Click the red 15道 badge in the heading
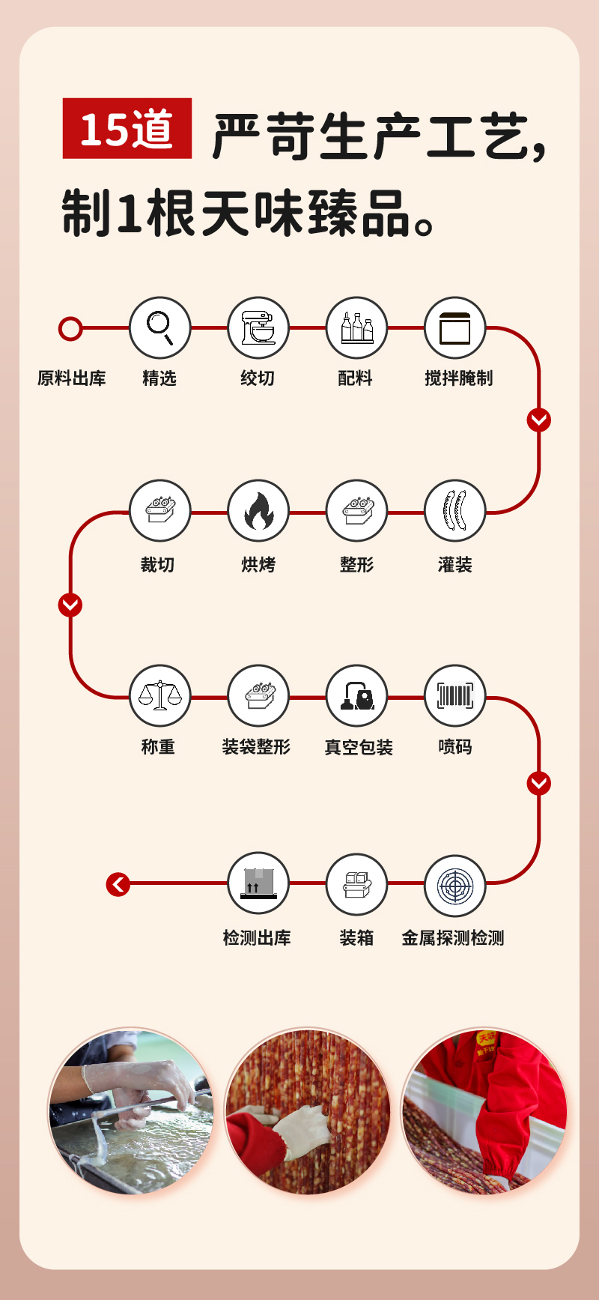[127, 128]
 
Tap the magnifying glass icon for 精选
[159, 327]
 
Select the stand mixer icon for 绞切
[258, 327]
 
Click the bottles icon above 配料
[356, 327]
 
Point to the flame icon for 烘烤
[258, 511]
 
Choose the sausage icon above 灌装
[454, 511]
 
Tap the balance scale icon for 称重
[159, 696]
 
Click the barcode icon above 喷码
[454, 696]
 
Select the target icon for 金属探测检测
[454, 885]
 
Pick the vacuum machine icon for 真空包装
[356, 696]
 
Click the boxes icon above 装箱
[356, 885]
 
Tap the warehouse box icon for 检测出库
[258, 883]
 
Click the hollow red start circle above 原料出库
[70, 328]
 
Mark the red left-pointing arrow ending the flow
[118, 885]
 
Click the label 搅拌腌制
[458, 378]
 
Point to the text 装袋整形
[256, 747]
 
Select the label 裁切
[157, 565]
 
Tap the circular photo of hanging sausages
[308, 1110]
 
